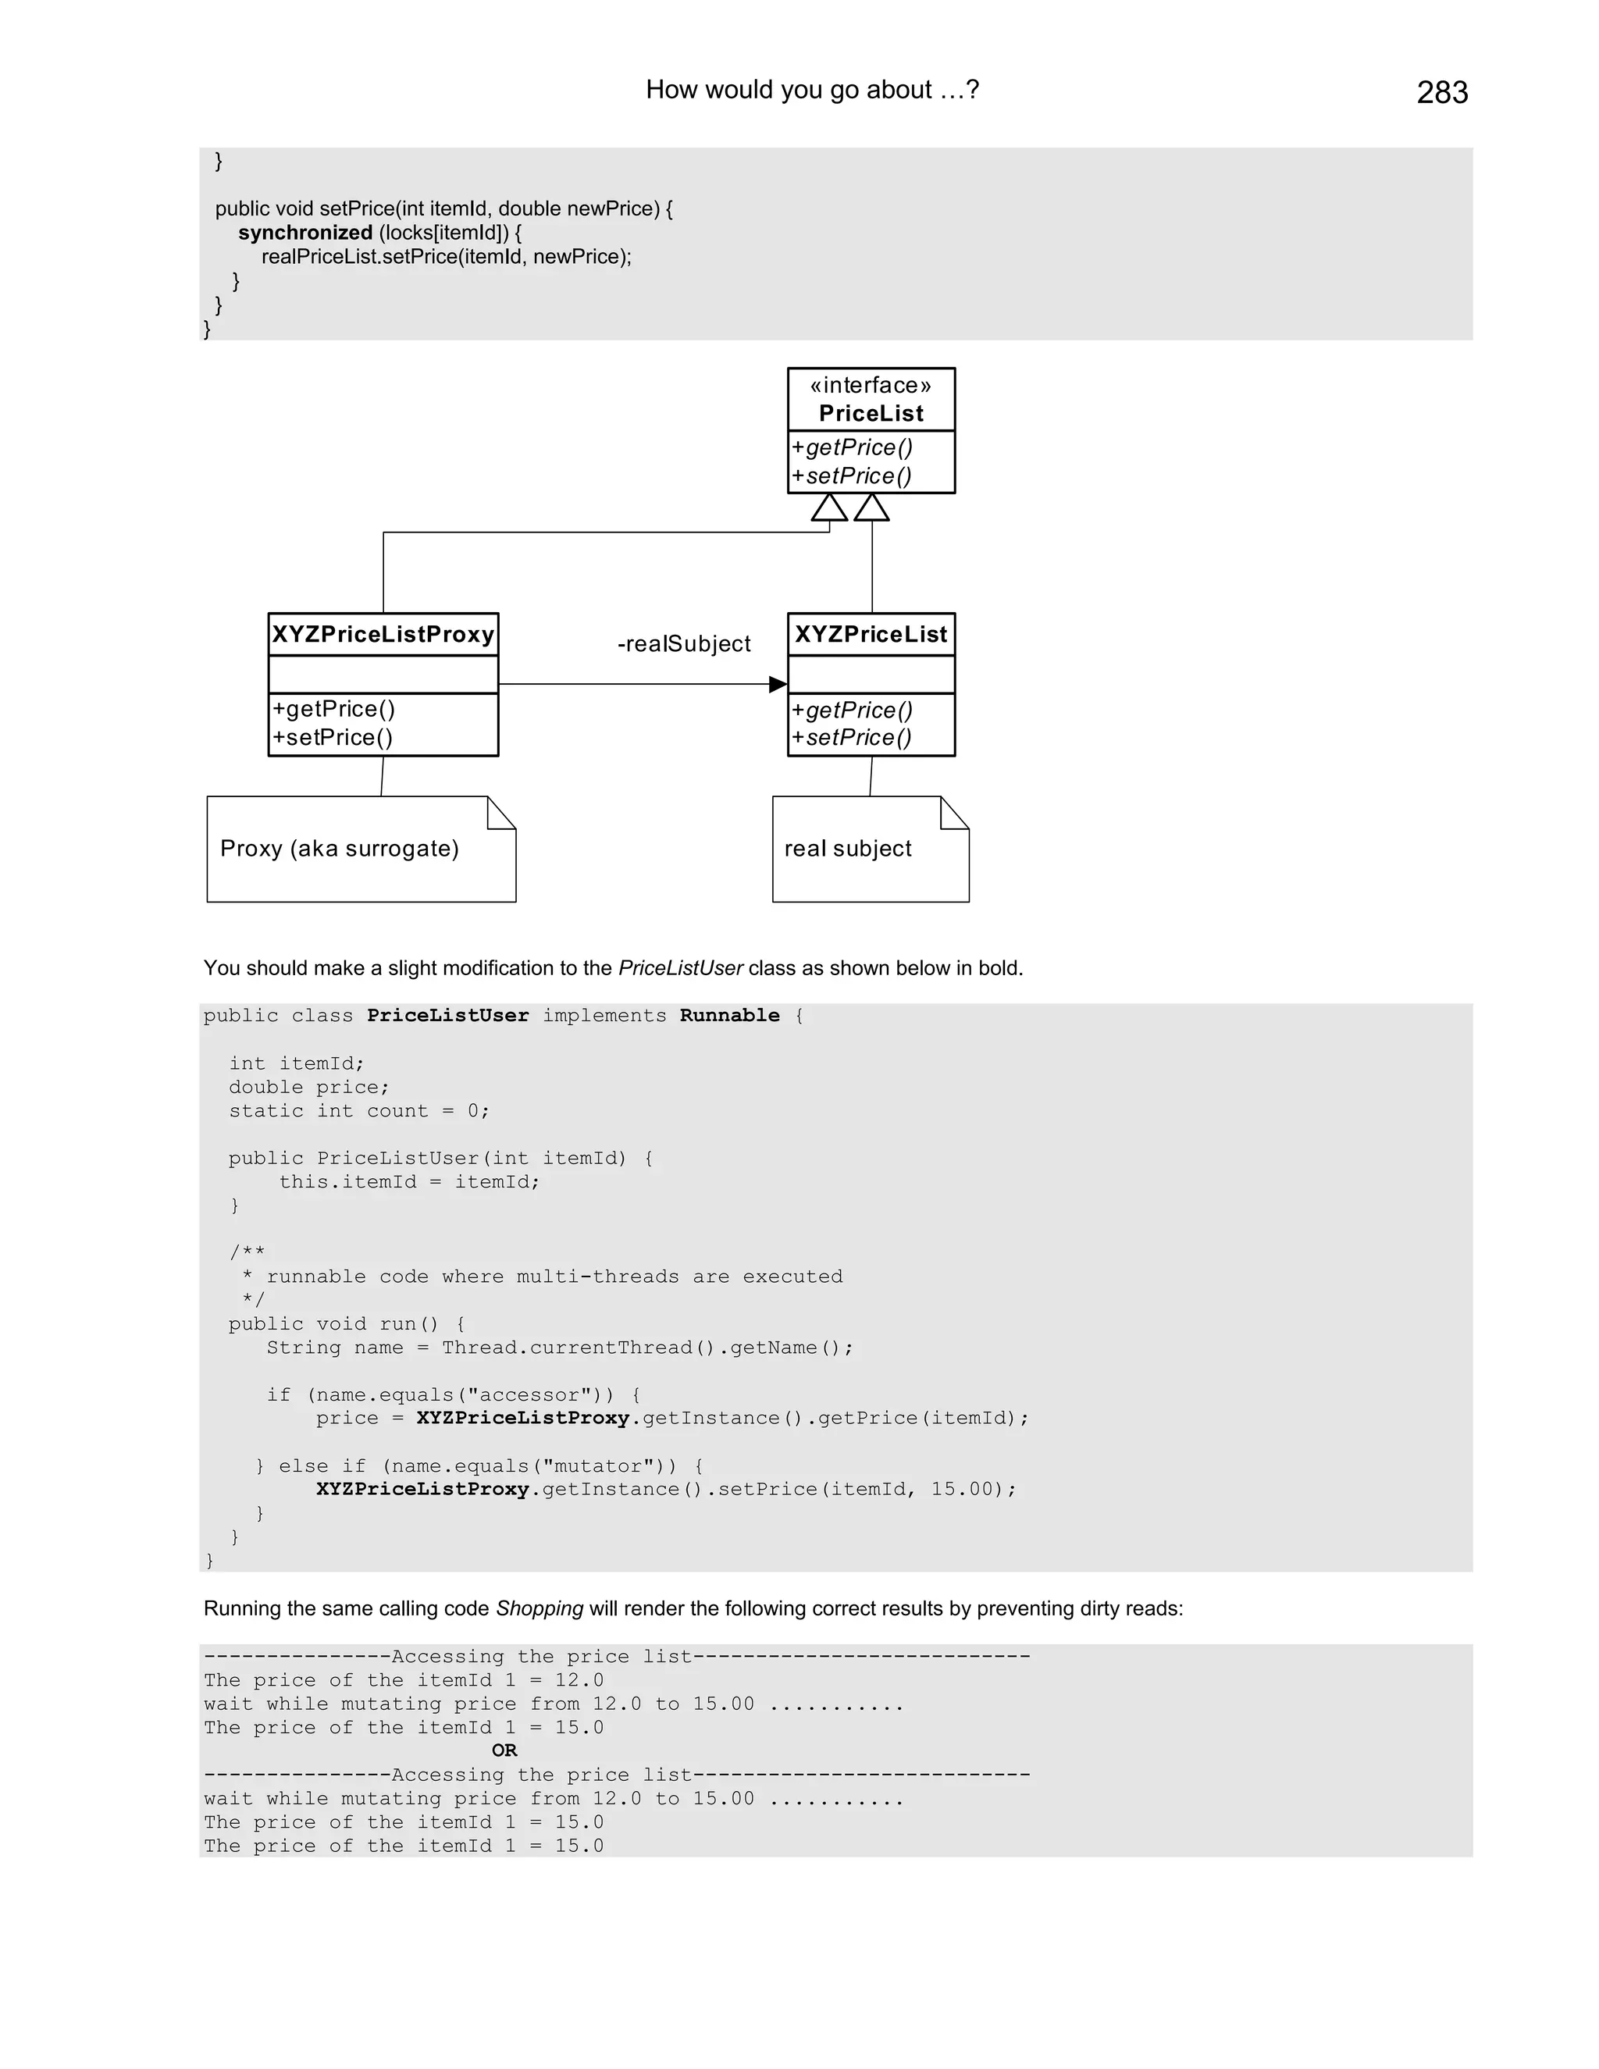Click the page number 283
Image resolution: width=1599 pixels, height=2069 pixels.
pyautogui.click(x=1442, y=93)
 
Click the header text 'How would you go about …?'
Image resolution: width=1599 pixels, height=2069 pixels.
pyautogui.click(x=812, y=90)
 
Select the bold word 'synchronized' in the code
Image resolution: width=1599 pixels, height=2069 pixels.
pyautogui.click(x=305, y=233)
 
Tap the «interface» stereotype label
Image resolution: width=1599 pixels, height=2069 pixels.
pyautogui.click(x=871, y=386)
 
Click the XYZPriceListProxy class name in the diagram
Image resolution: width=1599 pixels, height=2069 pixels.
pyautogui.click(x=383, y=635)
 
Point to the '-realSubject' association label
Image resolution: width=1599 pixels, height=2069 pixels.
pyautogui.click(x=684, y=644)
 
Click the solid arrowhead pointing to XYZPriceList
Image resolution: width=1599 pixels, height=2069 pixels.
pyautogui.click(x=778, y=684)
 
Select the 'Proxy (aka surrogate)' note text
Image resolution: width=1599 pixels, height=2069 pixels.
pyautogui.click(x=339, y=849)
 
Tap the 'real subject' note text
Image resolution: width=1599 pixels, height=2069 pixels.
pyautogui.click(x=848, y=849)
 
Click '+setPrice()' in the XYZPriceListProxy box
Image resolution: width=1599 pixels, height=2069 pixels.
pyautogui.click(x=333, y=738)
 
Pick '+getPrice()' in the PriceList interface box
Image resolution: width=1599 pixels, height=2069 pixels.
pyautogui.click(x=853, y=447)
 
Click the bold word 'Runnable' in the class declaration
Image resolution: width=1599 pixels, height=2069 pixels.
pyautogui.click(x=729, y=1016)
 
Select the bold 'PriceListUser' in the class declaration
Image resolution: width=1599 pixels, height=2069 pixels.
pyautogui.click(x=448, y=1016)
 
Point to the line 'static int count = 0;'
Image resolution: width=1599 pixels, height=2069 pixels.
pyautogui.click(x=359, y=1110)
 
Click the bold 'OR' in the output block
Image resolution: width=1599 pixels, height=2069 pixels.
pyautogui.click(x=504, y=1750)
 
